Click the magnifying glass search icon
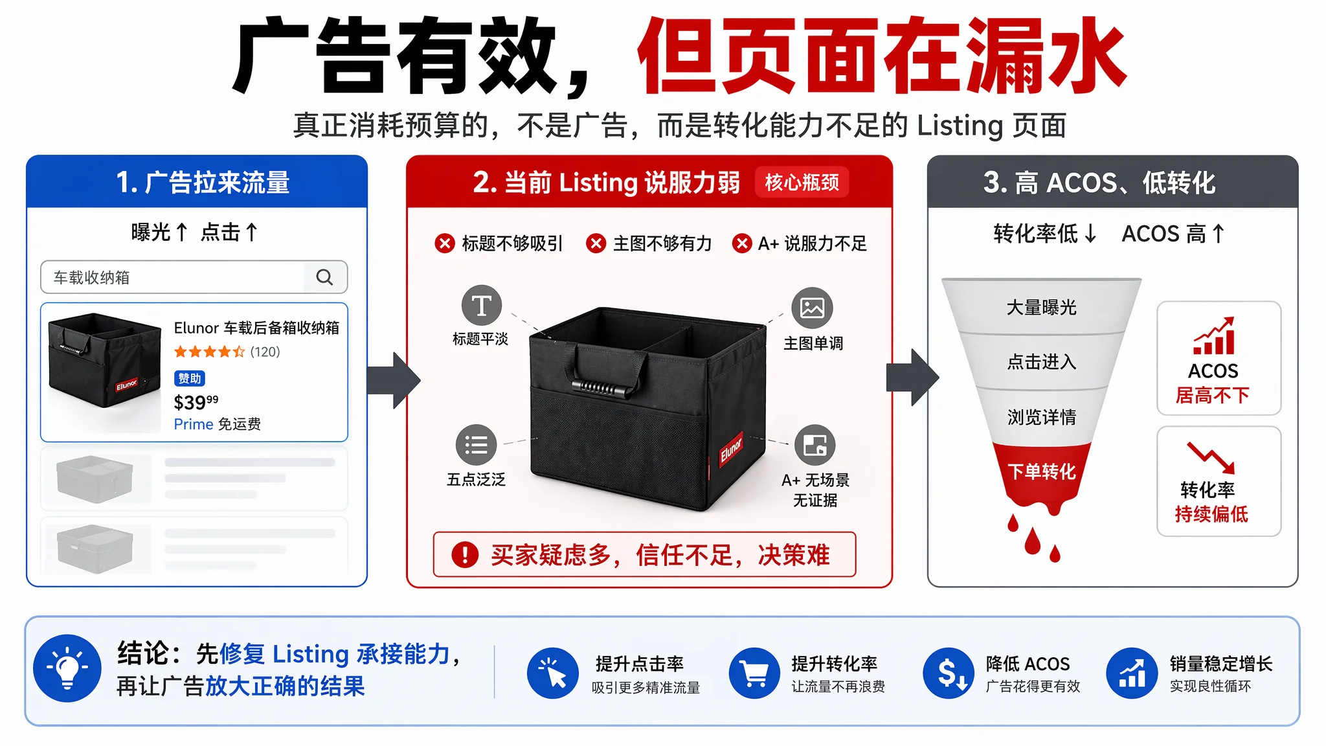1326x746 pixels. (x=324, y=277)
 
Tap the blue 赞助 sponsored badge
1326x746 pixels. (x=189, y=378)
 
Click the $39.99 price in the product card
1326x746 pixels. (x=196, y=402)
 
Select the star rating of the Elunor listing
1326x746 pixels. (x=209, y=352)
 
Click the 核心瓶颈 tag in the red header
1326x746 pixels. (x=802, y=183)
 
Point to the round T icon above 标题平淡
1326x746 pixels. (x=481, y=305)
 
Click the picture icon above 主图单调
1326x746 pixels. (x=812, y=308)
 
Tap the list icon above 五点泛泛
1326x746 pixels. (x=476, y=445)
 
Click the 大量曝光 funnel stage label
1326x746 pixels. (x=1041, y=307)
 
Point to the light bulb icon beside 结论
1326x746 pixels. (x=67, y=668)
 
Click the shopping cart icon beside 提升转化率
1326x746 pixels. (x=754, y=673)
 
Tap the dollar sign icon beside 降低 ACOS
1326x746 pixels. (x=949, y=673)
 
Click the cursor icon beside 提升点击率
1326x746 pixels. (x=552, y=673)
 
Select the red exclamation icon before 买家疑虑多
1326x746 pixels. (x=465, y=554)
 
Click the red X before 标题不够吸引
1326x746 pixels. (x=444, y=243)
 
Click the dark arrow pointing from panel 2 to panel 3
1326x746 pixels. (x=912, y=378)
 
